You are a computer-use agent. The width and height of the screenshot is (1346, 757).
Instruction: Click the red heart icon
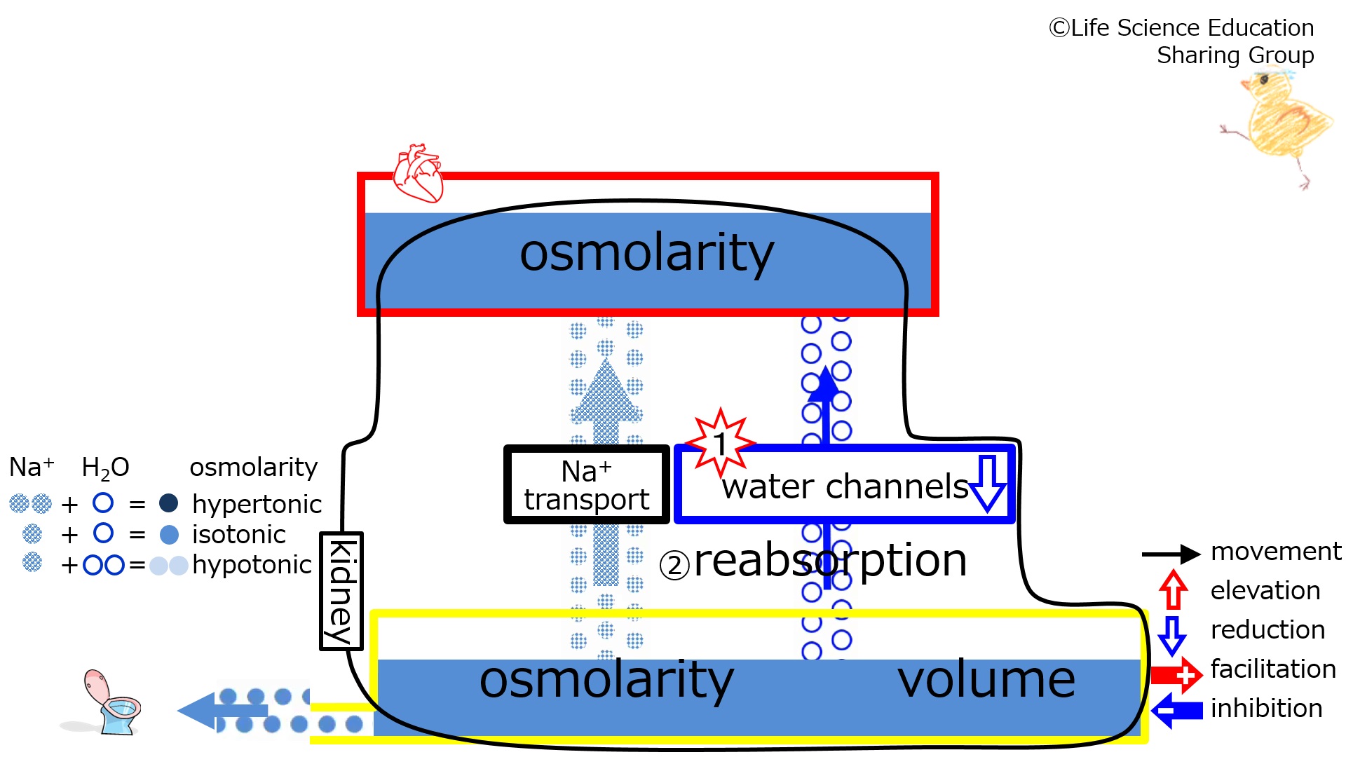click(x=419, y=173)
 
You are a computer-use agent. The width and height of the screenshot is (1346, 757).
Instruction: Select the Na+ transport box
click(x=586, y=485)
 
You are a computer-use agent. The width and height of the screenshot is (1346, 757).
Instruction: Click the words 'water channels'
click(x=845, y=486)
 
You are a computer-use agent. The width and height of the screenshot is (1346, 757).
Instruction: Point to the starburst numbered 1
click(x=720, y=443)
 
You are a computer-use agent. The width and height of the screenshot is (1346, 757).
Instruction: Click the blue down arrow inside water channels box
click(x=988, y=484)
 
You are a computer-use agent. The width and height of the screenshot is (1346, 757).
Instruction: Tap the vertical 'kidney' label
click(x=341, y=591)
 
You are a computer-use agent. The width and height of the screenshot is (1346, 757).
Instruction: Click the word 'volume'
click(x=986, y=679)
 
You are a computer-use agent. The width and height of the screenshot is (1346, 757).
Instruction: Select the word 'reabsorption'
click(x=830, y=561)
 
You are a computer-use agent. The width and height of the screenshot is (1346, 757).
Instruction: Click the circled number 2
click(x=674, y=565)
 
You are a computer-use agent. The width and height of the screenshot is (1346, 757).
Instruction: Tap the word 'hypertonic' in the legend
click(x=257, y=504)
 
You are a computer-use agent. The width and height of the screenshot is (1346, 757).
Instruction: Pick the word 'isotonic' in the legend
click(x=238, y=535)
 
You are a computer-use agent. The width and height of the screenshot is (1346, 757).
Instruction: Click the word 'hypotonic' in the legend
click(x=252, y=565)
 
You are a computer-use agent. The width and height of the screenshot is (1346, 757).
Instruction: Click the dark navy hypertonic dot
click(x=168, y=503)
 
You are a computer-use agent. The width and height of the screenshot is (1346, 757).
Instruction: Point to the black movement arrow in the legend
click(x=1171, y=554)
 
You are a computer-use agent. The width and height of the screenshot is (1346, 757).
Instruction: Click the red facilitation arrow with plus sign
click(x=1177, y=675)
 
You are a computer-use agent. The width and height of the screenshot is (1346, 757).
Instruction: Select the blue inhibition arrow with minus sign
click(x=1177, y=710)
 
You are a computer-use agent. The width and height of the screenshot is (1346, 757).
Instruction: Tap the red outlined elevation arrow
click(x=1173, y=589)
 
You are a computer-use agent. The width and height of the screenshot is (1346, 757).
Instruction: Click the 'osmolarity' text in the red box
click(x=646, y=253)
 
